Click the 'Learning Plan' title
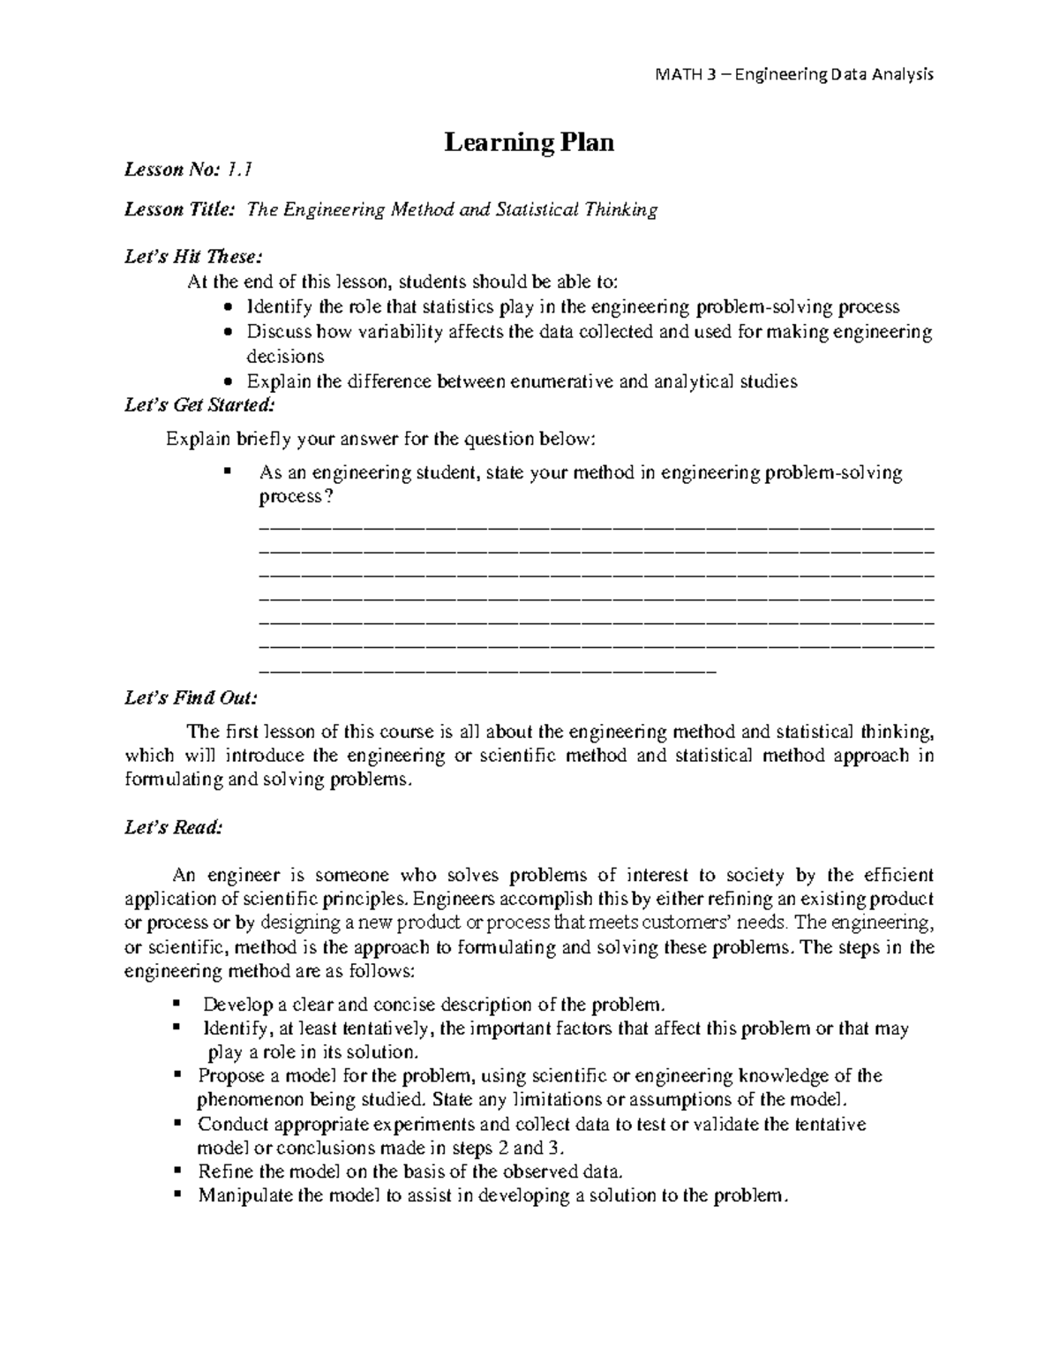pyautogui.click(x=529, y=142)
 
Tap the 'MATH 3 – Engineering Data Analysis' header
pyautogui.click(x=793, y=74)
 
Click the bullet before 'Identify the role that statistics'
pyautogui.click(x=229, y=308)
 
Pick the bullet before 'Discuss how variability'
pyautogui.click(x=229, y=333)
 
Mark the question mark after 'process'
pyautogui.click(x=329, y=497)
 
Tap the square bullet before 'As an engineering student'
pyautogui.click(x=228, y=471)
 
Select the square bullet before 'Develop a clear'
pyautogui.click(x=176, y=1004)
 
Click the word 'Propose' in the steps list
pyautogui.click(x=229, y=1076)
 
